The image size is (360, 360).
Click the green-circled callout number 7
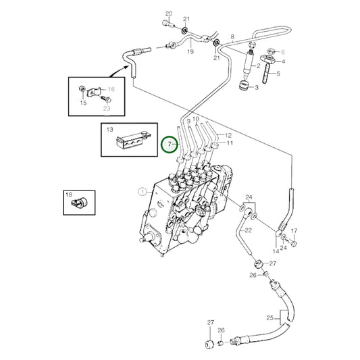[x=170, y=145]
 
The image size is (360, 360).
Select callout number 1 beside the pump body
[x=142, y=191]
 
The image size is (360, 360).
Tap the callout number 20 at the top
[x=169, y=14]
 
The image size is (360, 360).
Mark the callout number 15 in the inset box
[x=84, y=103]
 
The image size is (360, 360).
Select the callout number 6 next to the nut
[x=282, y=51]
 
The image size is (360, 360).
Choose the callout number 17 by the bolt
[x=294, y=231]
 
